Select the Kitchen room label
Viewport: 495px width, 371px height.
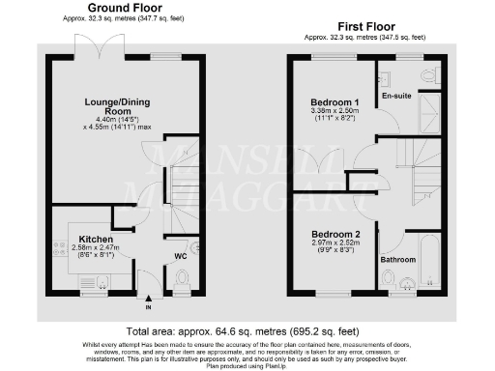[96, 239]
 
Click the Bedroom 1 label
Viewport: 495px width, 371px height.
[334, 101]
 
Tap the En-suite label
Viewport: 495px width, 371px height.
[396, 97]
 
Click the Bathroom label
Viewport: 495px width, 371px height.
[398, 260]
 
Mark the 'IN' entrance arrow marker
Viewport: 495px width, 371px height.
[148, 307]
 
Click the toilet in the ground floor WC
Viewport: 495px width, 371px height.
[181, 277]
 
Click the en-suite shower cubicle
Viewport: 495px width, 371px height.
[428, 115]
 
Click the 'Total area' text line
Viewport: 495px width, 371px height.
[246, 328]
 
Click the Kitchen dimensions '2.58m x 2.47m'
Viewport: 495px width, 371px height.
[96, 248]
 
